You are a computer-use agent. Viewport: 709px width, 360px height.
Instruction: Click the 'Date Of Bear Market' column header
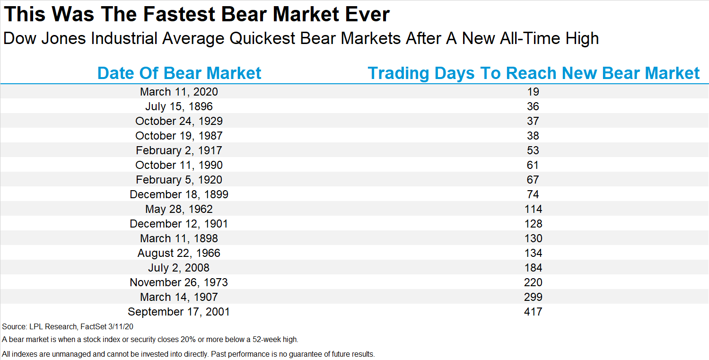pyautogui.click(x=179, y=73)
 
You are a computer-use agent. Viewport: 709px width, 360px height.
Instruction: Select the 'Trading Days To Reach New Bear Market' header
pyautogui.click(x=534, y=73)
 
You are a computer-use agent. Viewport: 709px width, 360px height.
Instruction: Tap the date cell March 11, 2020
pyautogui.click(x=179, y=92)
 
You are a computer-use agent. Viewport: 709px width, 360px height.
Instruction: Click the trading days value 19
pyautogui.click(x=533, y=92)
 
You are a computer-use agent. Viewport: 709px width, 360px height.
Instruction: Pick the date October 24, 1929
pyautogui.click(x=179, y=121)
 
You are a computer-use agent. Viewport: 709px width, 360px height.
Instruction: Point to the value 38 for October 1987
pyautogui.click(x=533, y=136)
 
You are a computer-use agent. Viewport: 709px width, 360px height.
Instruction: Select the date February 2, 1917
pyautogui.click(x=179, y=150)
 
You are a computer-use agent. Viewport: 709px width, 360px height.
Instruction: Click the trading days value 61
pyautogui.click(x=533, y=165)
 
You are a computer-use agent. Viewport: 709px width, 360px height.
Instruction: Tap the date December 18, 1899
pyautogui.click(x=179, y=194)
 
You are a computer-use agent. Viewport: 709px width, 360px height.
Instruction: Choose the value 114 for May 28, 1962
pyautogui.click(x=534, y=209)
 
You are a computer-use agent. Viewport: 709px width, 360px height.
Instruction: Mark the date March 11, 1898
pyautogui.click(x=179, y=238)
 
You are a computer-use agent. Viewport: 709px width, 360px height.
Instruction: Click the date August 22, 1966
pyautogui.click(x=179, y=253)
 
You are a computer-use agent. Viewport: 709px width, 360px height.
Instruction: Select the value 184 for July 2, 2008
pyautogui.click(x=534, y=268)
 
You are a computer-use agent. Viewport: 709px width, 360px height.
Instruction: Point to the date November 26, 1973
pyautogui.click(x=179, y=282)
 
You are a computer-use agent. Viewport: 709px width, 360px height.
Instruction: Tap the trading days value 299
pyautogui.click(x=534, y=297)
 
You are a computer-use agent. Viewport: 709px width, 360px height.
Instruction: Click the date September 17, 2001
pyautogui.click(x=179, y=312)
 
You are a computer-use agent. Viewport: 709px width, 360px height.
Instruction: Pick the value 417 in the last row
pyautogui.click(x=534, y=312)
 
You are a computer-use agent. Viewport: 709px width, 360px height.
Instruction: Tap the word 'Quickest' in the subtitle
pyautogui.click(x=262, y=39)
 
